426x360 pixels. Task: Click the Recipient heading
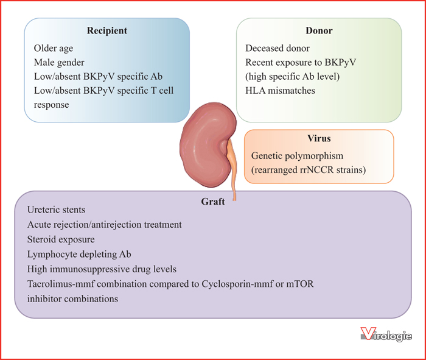tap(107, 30)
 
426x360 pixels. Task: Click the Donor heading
tap(319, 30)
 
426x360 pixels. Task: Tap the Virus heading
tap(319, 138)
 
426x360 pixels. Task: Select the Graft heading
tap(213, 202)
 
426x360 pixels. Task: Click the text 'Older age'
tap(54, 48)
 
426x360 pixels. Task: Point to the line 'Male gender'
tap(59, 63)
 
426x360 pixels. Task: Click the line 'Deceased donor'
tap(278, 48)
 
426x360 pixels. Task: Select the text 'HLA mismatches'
tap(280, 91)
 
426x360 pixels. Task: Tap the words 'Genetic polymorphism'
tap(297, 156)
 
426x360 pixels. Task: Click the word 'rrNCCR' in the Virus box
tap(317, 170)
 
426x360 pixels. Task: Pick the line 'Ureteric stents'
tap(56, 210)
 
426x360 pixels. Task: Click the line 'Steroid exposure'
tap(61, 239)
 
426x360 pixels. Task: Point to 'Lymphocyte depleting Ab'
tap(79, 254)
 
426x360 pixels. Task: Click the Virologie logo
tap(386, 334)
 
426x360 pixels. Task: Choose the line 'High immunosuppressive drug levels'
tap(102, 269)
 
